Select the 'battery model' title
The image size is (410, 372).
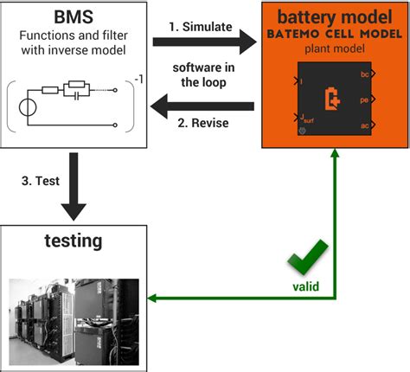pos(333,18)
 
